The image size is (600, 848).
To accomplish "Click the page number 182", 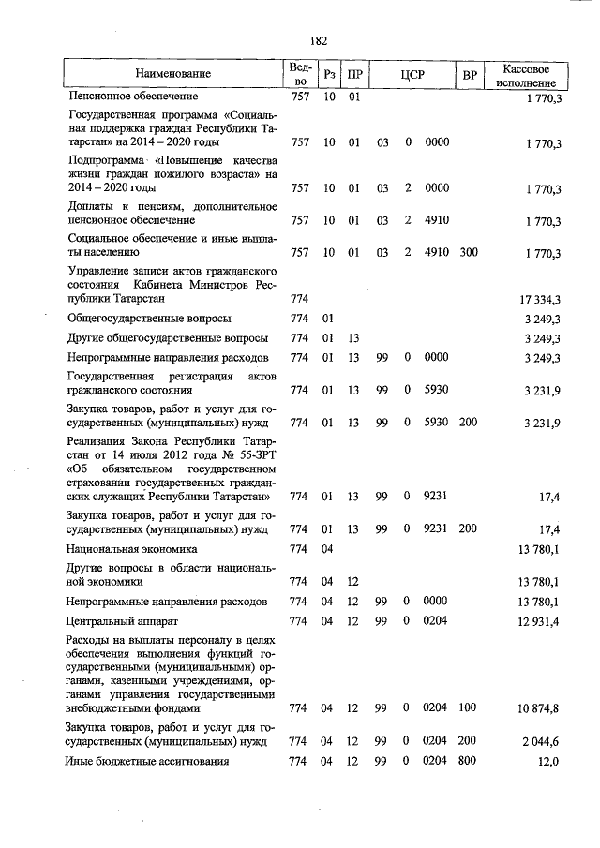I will (x=318, y=40).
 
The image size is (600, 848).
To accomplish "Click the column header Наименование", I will (x=172, y=73).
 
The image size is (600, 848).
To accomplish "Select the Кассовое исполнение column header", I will (x=532, y=73).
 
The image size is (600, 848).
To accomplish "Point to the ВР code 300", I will (x=469, y=253).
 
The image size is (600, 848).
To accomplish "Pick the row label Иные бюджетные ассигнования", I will (x=147, y=762).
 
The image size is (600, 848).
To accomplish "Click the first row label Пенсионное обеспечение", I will (x=131, y=97).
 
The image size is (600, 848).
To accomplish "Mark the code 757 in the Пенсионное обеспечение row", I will (x=300, y=97).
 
